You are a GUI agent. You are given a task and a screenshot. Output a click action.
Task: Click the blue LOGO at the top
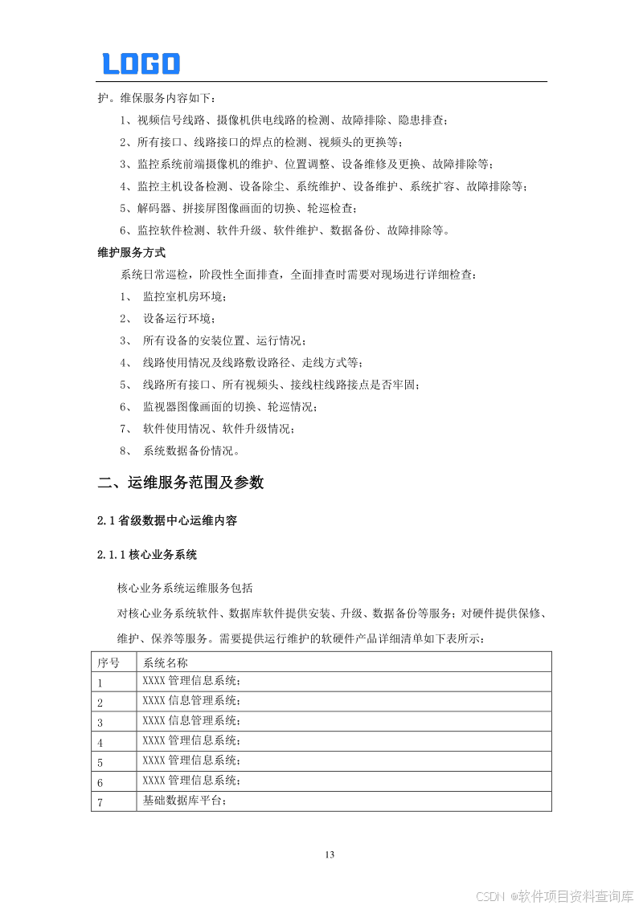click(141, 63)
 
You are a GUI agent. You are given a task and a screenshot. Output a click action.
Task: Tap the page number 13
click(329, 854)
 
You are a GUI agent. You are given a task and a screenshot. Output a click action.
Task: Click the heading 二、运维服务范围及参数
click(180, 483)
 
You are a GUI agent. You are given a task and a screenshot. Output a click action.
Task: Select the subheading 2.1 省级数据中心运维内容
click(167, 521)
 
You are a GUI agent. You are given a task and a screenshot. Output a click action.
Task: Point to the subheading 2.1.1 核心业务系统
click(147, 555)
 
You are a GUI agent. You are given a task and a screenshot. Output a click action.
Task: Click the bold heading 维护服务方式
click(131, 252)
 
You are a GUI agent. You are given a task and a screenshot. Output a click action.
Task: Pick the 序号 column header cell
click(109, 663)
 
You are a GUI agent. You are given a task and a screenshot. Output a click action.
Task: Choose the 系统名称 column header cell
click(166, 663)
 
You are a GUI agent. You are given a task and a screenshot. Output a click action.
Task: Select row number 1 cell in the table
click(100, 683)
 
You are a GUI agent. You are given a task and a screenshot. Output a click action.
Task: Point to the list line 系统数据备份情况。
click(190, 450)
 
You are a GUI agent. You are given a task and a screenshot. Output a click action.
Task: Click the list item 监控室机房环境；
click(185, 296)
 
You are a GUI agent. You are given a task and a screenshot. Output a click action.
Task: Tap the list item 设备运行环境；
click(179, 319)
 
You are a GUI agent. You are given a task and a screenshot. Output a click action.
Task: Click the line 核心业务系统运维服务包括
click(185, 588)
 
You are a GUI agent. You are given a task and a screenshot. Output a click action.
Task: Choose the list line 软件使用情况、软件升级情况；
click(219, 428)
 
